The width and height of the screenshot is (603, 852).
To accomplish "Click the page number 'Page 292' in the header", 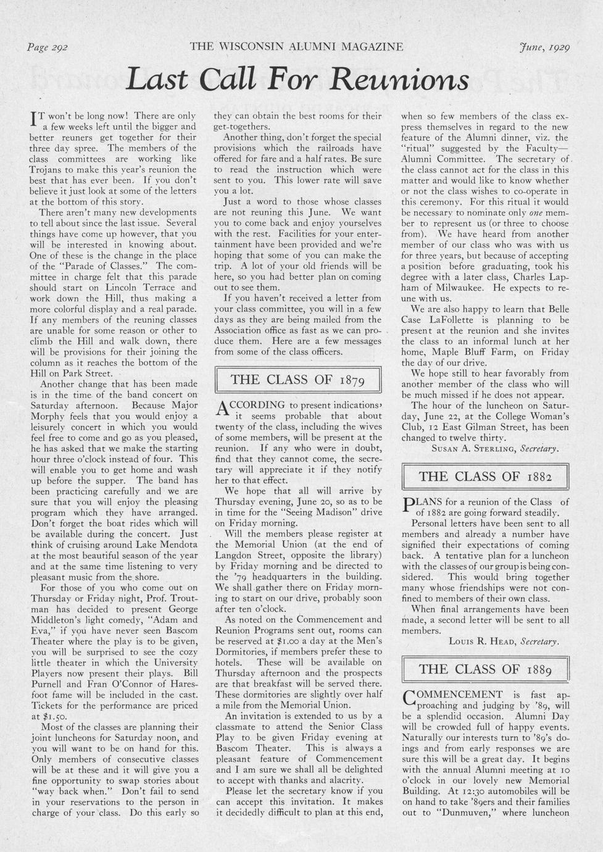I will [48, 47].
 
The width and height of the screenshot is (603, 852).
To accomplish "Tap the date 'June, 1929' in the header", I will [544, 47].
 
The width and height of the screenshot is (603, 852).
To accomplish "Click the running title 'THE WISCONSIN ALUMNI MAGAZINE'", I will [296, 47].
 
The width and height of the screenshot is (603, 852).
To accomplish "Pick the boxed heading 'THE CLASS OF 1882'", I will [484, 476].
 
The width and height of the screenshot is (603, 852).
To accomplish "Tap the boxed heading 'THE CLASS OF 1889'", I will [484, 669].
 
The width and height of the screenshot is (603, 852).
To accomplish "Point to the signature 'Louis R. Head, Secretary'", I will [504, 641].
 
